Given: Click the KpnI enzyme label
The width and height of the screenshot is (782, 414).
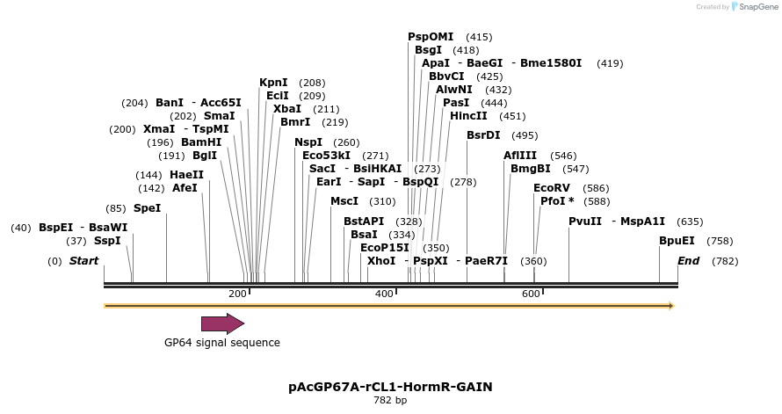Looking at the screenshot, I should tap(273, 83).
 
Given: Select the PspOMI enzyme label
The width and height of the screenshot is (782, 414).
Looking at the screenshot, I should tap(431, 37).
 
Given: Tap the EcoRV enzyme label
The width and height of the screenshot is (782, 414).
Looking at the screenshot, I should tap(552, 188).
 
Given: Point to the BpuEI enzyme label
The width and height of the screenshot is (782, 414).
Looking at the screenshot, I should tap(677, 241).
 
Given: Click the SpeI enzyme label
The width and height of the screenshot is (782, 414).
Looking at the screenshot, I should tap(147, 208).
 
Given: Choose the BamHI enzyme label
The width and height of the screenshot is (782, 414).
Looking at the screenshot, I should tap(201, 142).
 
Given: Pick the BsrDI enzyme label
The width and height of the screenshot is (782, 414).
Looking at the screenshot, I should tap(483, 135).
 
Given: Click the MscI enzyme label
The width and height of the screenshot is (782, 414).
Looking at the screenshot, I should tap(344, 201).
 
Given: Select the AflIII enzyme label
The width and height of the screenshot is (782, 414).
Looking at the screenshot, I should tap(521, 156).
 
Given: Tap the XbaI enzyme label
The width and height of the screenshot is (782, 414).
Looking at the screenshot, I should tap(287, 109).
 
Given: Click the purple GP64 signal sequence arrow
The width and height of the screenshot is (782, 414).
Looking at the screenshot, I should tap(222, 323).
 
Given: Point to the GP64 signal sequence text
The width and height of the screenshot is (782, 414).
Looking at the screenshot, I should tap(222, 343).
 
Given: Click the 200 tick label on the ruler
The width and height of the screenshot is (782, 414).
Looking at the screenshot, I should tap(237, 294).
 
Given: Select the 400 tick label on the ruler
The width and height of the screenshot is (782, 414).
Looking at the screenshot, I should tap(384, 294).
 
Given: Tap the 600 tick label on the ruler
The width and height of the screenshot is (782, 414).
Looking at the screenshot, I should tap(531, 294).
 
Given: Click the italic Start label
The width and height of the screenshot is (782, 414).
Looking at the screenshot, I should tap(83, 261).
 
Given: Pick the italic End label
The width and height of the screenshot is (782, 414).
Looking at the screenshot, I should tap(688, 261).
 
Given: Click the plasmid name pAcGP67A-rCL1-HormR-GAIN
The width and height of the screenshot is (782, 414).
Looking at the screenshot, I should tap(390, 387).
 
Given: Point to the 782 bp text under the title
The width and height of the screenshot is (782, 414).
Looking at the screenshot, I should tap(390, 401).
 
